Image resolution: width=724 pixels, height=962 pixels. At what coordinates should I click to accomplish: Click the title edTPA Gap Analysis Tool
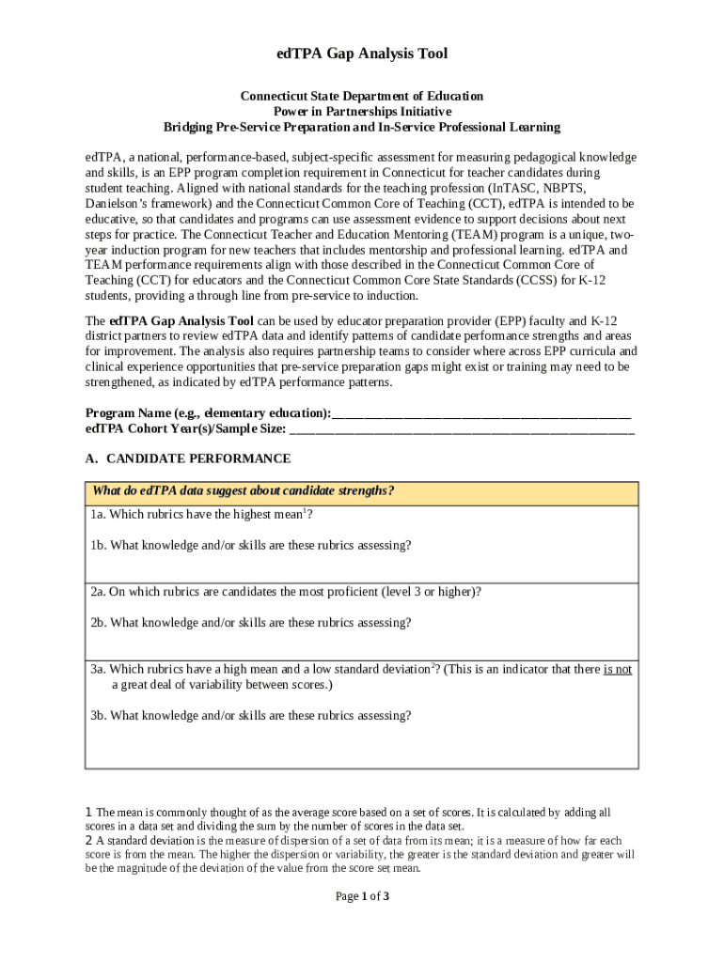click(362, 54)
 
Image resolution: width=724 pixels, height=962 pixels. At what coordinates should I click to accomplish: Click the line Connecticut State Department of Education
click(362, 96)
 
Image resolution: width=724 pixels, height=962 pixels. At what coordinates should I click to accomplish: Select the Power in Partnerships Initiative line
click(362, 111)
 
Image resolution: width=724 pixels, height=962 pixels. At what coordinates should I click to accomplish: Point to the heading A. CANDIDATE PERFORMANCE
click(188, 458)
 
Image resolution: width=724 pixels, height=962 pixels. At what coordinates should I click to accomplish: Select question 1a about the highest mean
click(201, 515)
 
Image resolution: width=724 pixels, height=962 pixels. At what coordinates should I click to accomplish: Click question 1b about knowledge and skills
click(250, 545)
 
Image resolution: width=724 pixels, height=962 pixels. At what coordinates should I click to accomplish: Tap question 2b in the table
click(250, 622)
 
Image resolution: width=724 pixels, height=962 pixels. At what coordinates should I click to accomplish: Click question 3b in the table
click(250, 715)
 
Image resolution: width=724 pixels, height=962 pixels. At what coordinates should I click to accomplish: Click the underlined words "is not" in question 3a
click(618, 670)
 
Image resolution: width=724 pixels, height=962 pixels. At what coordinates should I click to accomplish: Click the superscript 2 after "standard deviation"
click(433, 666)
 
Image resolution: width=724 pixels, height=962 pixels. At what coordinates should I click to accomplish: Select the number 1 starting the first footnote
click(88, 812)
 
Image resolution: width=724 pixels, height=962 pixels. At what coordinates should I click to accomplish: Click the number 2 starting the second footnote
click(88, 840)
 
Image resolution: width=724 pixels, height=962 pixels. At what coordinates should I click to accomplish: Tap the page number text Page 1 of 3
click(362, 896)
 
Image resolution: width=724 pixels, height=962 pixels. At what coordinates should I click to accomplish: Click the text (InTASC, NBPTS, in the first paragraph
click(535, 188)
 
